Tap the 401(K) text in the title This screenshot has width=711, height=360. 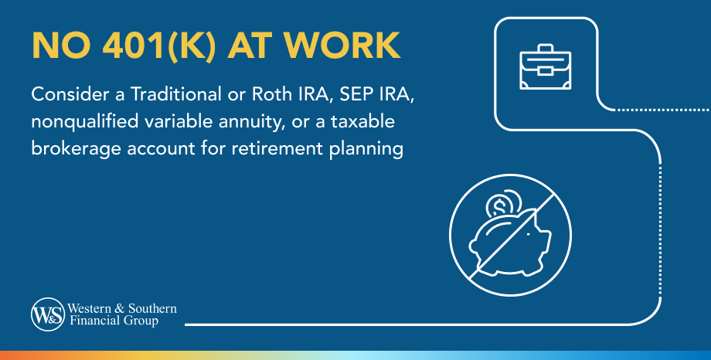(158, 46)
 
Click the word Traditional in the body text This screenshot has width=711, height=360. (176, 94)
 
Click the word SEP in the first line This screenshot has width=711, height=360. (355, 94)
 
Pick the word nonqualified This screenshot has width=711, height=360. (85, 122)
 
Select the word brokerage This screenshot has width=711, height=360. (77, 149)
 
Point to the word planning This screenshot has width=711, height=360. (366, 149)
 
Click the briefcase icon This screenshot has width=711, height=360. (545, 66)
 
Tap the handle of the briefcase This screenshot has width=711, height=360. (545, 49)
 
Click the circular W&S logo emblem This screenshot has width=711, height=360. (48, 314)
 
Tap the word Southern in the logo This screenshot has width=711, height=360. (153, 309)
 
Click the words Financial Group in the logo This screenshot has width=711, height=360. (114, 321)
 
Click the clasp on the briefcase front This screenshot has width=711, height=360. (545, 71)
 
